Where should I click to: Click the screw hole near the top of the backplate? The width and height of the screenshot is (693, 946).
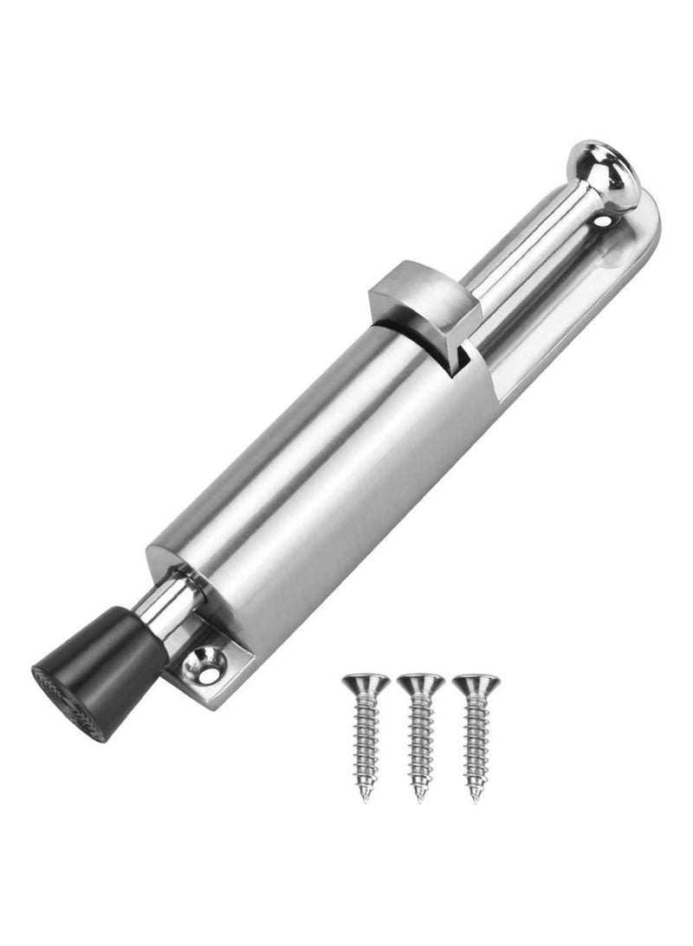click(x=604, y=225)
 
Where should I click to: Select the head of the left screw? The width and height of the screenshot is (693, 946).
click(x=365, y=683)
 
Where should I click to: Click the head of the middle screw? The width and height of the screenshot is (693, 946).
click(x=421, y=683)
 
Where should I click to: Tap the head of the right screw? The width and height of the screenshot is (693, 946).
click(x=475, y=683)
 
